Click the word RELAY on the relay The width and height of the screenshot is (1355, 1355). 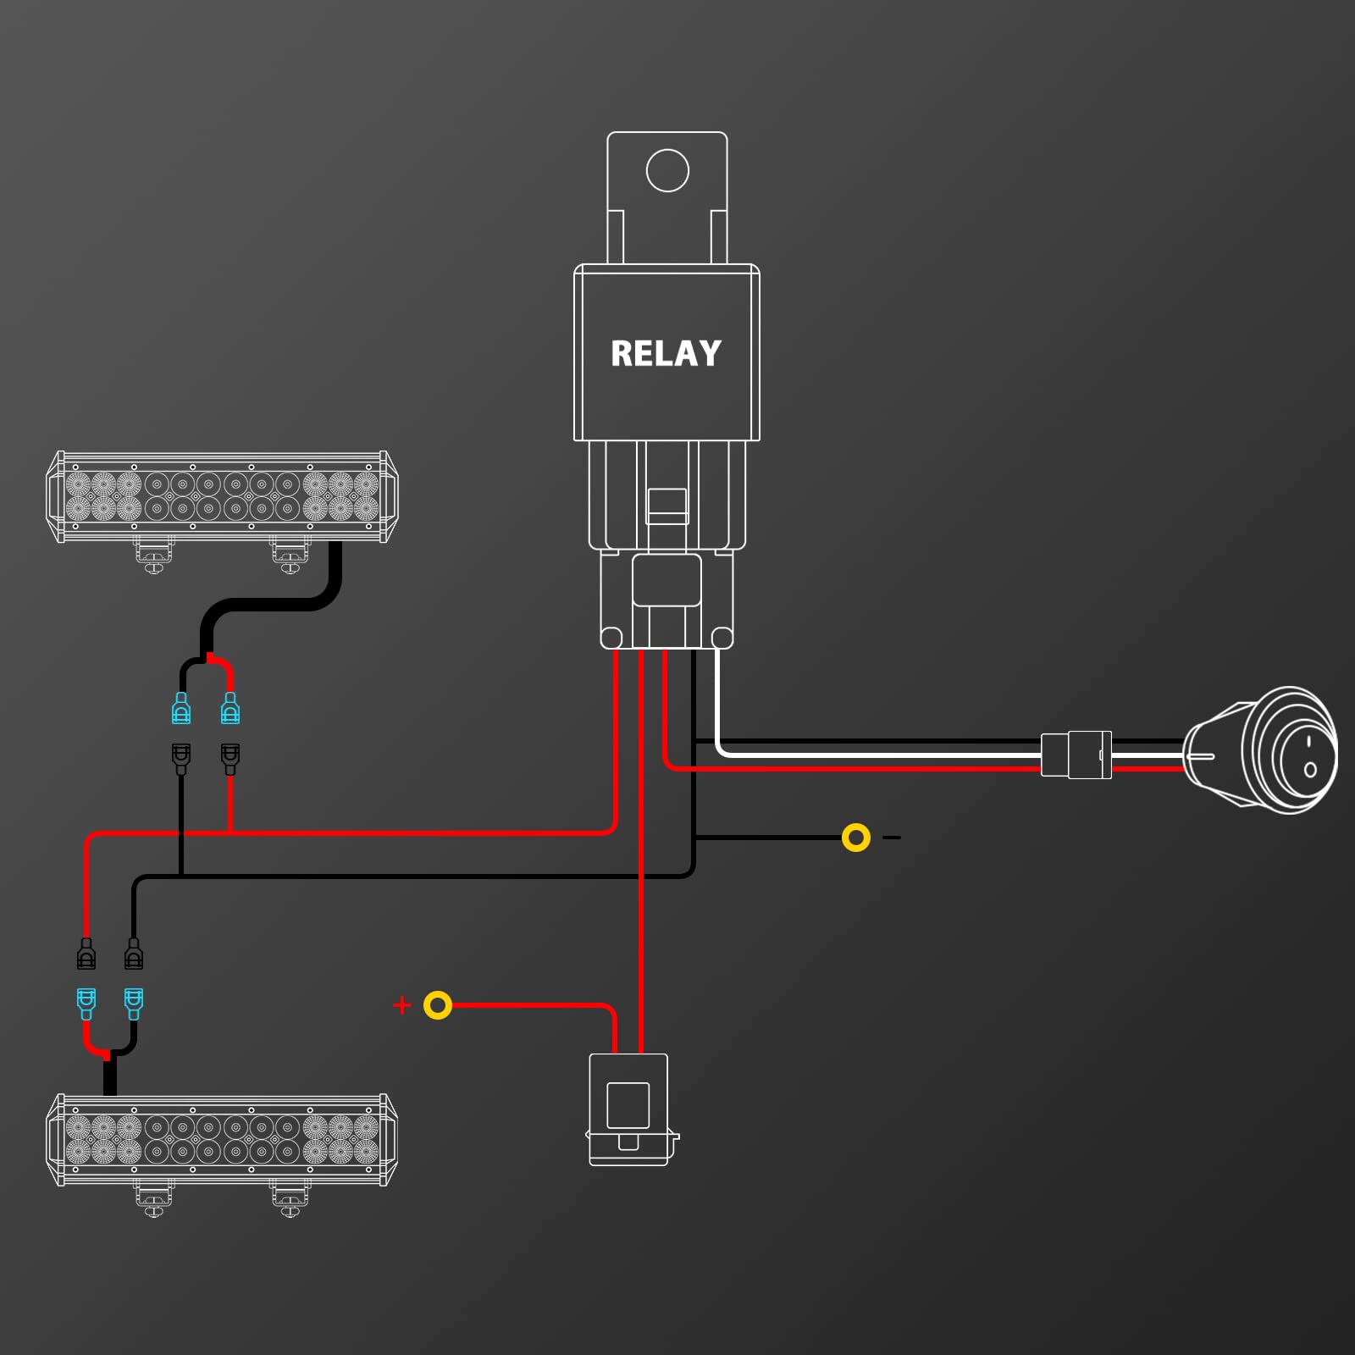click(x=666, y=353)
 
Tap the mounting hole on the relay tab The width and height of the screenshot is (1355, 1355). click(x=667, y=170)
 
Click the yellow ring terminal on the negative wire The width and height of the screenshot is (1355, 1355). click(x=856, y=838)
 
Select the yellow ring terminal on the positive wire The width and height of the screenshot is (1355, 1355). click(x=438, y=1005)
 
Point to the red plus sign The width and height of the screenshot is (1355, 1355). click(x=402, y=1005)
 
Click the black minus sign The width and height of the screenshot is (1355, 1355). click(x=892, y=838)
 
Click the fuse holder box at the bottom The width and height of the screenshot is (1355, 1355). click(x=632, y=1109)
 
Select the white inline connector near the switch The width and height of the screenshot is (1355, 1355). click(x=1076, y=755)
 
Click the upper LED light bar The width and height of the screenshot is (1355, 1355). click(x=222, y=497)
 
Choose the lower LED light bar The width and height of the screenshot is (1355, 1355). click(x=222, y=1140)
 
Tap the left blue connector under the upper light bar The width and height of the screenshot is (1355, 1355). click(x=181, y=708)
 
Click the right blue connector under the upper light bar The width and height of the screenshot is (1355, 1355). click(x=230, y=708)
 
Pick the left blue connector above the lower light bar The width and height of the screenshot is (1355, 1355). click(x=86, y=1004)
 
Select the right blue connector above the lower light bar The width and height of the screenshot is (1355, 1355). click(x=134, y=1004)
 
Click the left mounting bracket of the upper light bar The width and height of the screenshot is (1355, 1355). click(x=154, y=555)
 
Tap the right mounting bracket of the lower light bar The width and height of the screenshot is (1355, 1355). click(x=290, y=1198)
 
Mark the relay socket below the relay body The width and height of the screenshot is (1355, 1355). click(x=666, y=600)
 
